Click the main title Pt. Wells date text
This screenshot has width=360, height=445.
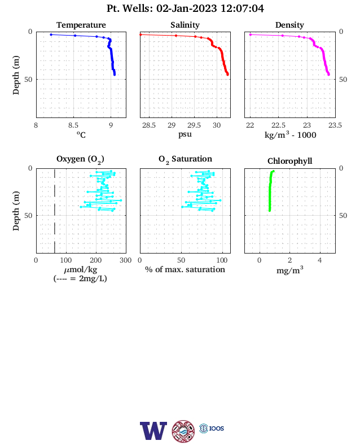pos(185,8)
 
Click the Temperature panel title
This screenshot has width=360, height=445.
pos(81,25)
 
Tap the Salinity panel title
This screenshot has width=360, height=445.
pos(185,25)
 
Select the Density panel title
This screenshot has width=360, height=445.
pos(289,25)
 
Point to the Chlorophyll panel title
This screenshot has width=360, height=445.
pos(289,161)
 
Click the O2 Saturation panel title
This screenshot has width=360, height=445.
pos(185,159)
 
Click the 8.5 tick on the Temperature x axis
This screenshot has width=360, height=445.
pos(73,125)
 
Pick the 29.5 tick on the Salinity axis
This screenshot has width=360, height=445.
pos(194,125)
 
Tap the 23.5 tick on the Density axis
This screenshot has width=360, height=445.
pos(335,125)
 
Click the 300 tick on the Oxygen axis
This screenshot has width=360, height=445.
pos(126,260)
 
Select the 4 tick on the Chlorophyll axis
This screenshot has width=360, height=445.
pos(320,260)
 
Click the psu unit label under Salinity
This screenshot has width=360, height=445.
pos(185,134)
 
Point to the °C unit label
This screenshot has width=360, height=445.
pos(81,134)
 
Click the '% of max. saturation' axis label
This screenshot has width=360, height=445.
pos(185,269)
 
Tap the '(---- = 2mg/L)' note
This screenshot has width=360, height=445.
pos(80,278)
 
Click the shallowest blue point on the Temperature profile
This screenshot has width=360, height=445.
pos(51,34)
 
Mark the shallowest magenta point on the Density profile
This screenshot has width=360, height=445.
pos(251,34)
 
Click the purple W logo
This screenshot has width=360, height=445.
pos(153,431)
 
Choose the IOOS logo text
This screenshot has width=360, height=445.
pos(217,428)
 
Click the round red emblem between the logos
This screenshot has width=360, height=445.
pos(183,431)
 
